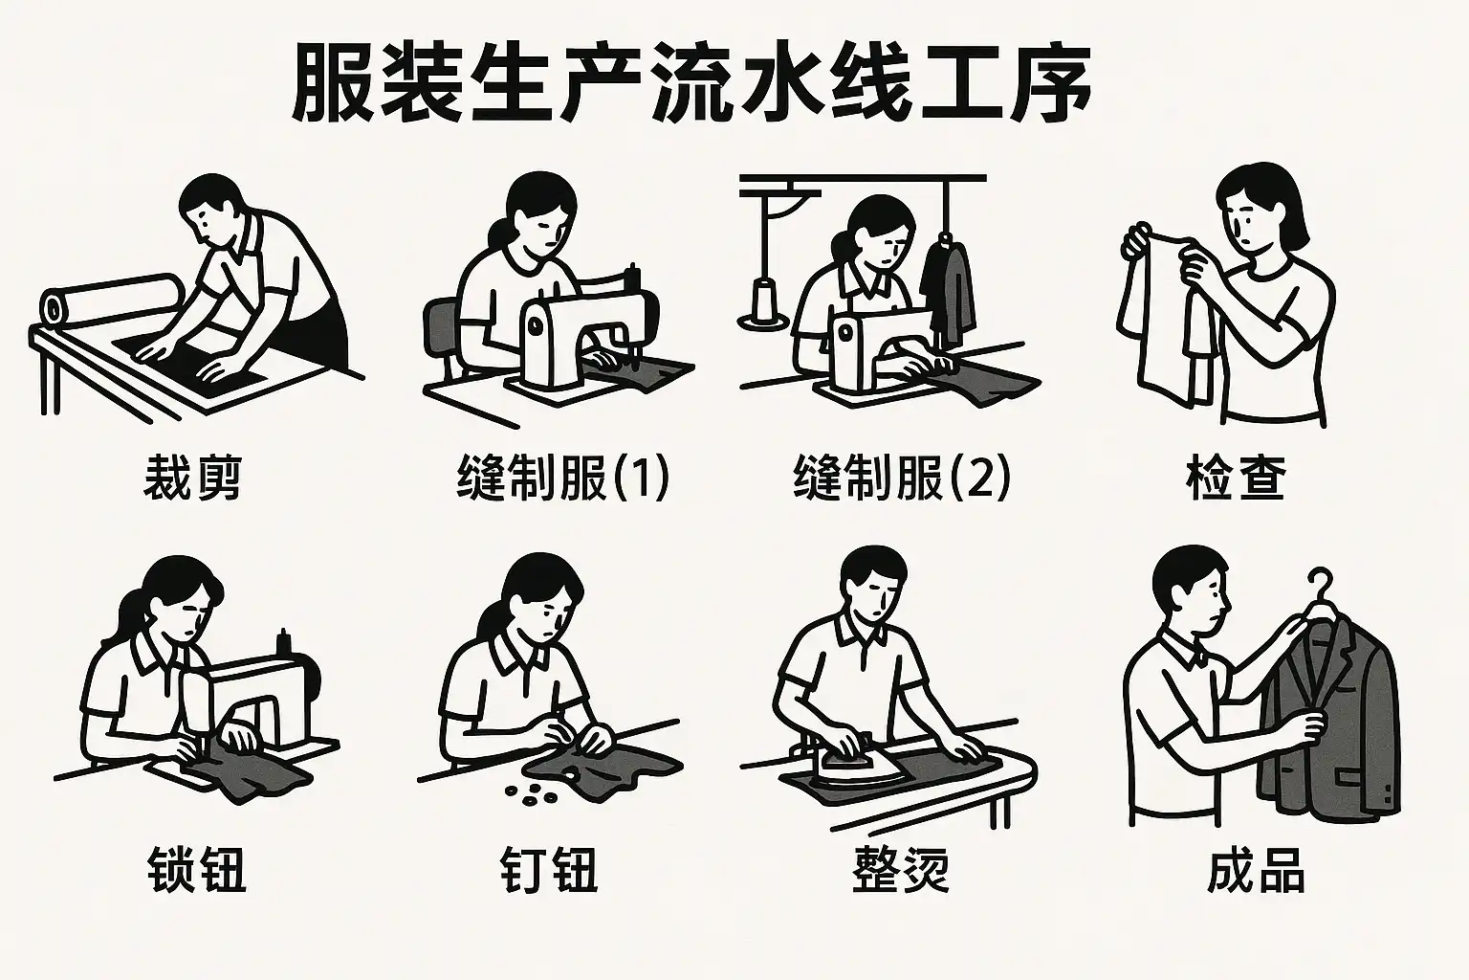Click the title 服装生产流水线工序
tap(691, 82)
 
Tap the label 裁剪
tap(193, 478)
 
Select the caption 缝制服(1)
tap(563, 478)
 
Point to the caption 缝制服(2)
tap(902, 478)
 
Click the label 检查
tap(1237, 478)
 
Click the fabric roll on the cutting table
tap(113, 299)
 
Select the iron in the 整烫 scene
tap(851, 766)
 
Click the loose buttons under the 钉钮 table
tap(531, 792)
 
